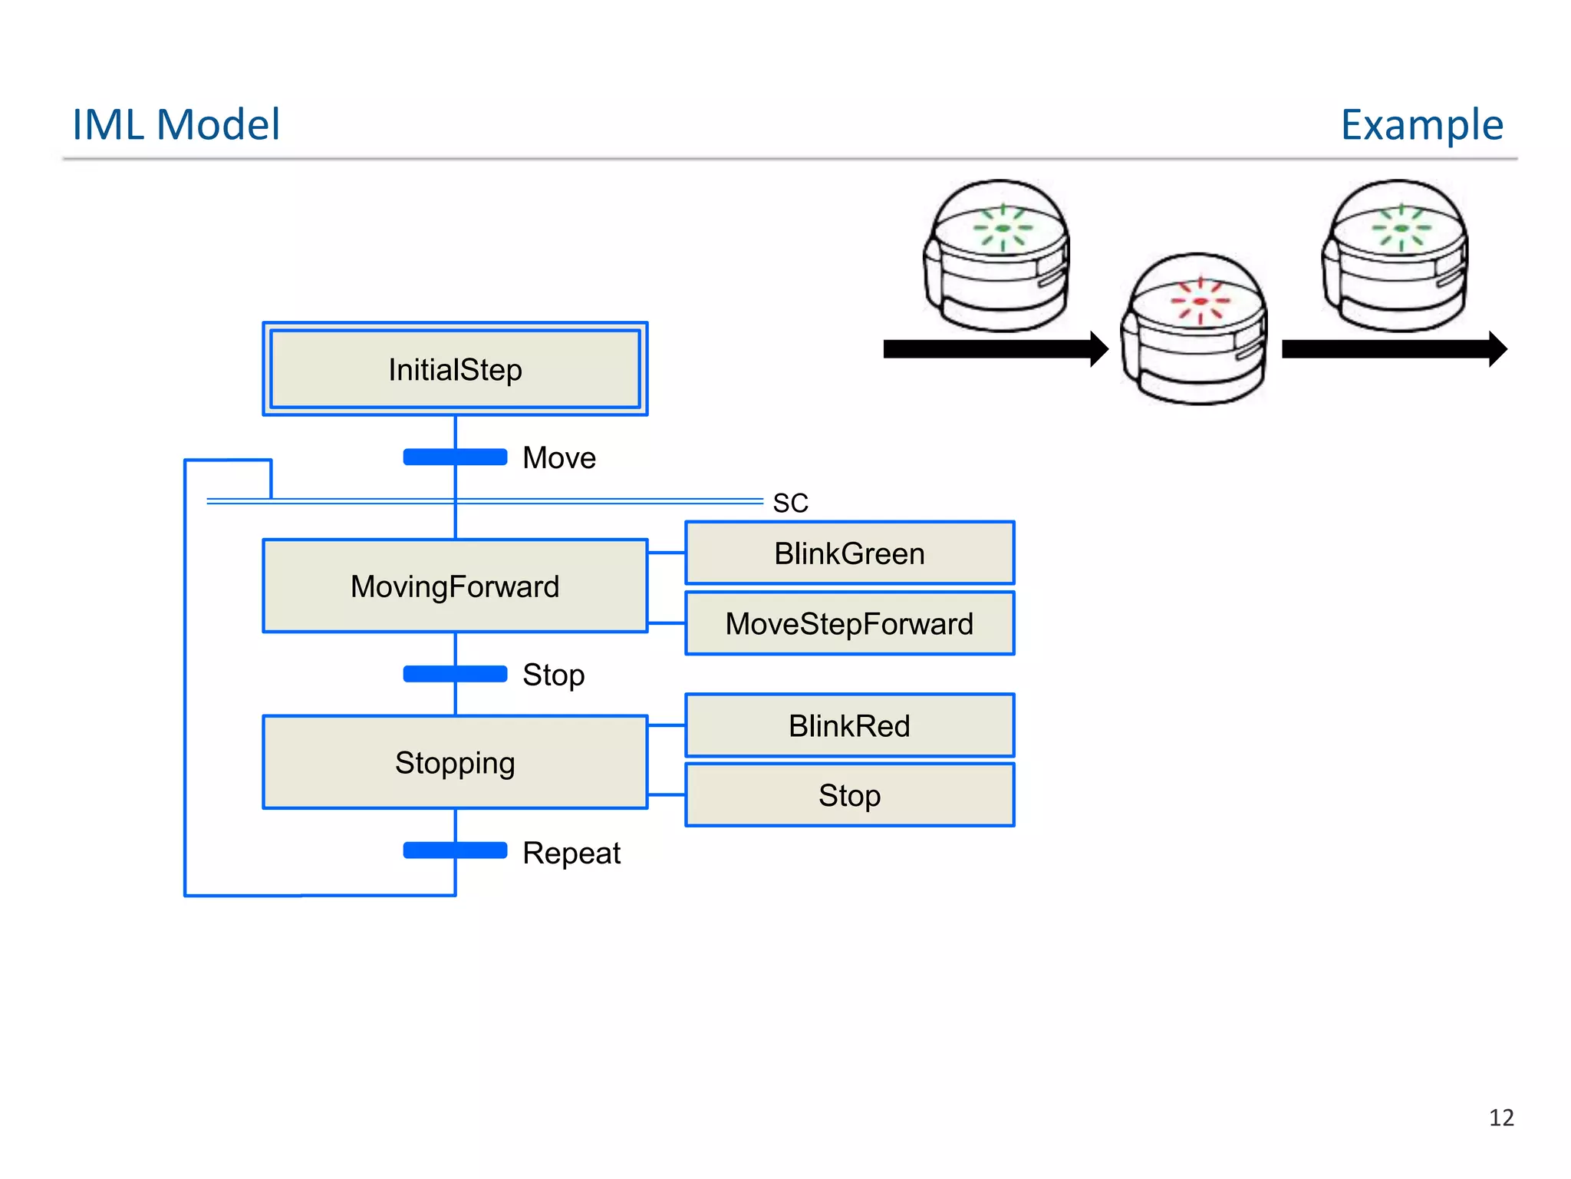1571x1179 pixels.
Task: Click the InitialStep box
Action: (455, 369)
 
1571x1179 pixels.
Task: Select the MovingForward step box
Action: (455, 586)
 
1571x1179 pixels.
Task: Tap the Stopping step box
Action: (455, 762)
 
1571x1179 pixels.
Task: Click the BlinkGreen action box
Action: (849, 553)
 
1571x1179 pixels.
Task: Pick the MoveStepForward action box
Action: (849, 623)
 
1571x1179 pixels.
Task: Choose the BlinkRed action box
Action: (849, 725)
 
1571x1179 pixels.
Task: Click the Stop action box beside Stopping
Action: (849, 795)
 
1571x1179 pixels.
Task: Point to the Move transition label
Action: (559, 457)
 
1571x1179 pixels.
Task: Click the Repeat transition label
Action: (571, 853)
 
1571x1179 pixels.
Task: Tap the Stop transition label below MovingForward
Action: (553, 675)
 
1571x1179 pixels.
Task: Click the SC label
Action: (790, 504)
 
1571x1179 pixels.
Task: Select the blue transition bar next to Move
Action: (455, 457)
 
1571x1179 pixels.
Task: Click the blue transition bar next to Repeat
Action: (455, 850)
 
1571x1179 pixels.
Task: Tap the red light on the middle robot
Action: (1200, 301)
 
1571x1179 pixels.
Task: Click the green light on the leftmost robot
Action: (1003, 228)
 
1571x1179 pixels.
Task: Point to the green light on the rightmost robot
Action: (1401, 228)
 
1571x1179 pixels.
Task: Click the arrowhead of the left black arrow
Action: (1099, 349)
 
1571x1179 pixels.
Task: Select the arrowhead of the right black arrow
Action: (1497, 349)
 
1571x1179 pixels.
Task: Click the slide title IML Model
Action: (176, 124)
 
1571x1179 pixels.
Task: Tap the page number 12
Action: (1501, 1118)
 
